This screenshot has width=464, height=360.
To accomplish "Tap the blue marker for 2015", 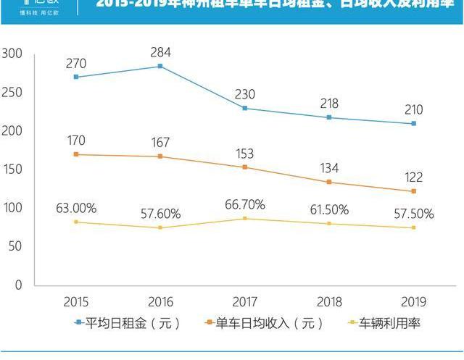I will tap(76, 77).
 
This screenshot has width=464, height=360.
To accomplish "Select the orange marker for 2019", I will tap(413, 191).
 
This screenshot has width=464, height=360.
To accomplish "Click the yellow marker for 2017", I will tap(244, 219).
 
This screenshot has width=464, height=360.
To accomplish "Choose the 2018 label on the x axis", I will tap(328, 301).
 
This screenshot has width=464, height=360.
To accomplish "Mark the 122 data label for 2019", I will tap(413, 177).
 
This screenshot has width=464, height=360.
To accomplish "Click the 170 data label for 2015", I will tap(76, 138).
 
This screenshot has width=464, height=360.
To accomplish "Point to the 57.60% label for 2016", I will tap(160, 214).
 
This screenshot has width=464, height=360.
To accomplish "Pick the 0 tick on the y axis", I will tap(18, 285).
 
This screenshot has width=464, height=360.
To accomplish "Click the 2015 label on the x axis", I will tap(76, 301).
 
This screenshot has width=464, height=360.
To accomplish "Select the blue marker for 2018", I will tap(328, 117).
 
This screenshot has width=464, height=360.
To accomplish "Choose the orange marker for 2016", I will tap(160, 156).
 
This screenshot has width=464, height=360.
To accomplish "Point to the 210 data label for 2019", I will tap(413, 110).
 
